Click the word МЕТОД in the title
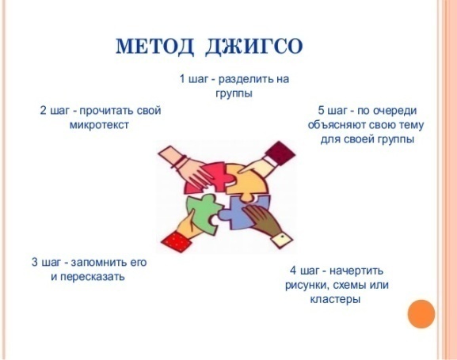154,47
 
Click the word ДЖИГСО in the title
253,47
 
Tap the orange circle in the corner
421,314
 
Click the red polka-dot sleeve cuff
176,241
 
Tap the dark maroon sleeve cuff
280,153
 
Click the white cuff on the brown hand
282,239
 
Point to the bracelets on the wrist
180,162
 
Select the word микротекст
99,125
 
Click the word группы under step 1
234,94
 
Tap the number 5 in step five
321,111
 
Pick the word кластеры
335,299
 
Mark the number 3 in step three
35,262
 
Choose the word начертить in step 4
356,271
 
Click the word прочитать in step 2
107,111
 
